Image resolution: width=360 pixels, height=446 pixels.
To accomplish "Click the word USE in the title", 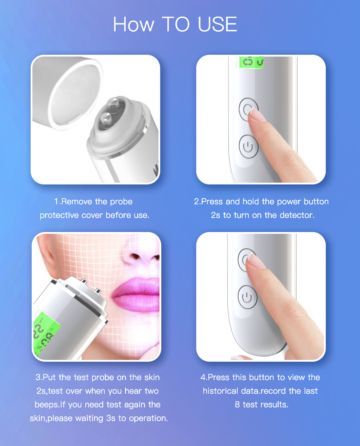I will click(x=217, y=24).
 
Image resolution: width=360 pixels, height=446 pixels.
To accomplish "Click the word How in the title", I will click(x=134, y=24).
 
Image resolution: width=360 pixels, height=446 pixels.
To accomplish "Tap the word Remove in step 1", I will click(x=77, y=201).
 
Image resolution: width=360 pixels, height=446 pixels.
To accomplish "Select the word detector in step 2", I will click(x=297, y=215).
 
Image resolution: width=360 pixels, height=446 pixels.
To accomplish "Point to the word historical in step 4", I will click(x=220, y=391).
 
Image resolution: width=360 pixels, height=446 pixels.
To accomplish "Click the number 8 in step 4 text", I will click(x=237, y=405).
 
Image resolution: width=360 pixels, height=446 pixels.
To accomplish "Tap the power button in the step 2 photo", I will click(x=248, y=147).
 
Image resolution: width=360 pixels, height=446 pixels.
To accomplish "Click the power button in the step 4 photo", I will click(x=247, y=298).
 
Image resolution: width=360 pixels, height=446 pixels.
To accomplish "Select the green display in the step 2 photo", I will click(x=251, y=62).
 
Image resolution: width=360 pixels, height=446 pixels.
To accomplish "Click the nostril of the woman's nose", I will click(x=136, y=257).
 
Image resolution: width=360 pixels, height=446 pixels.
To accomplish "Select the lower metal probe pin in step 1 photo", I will click(x=106, y=116).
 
